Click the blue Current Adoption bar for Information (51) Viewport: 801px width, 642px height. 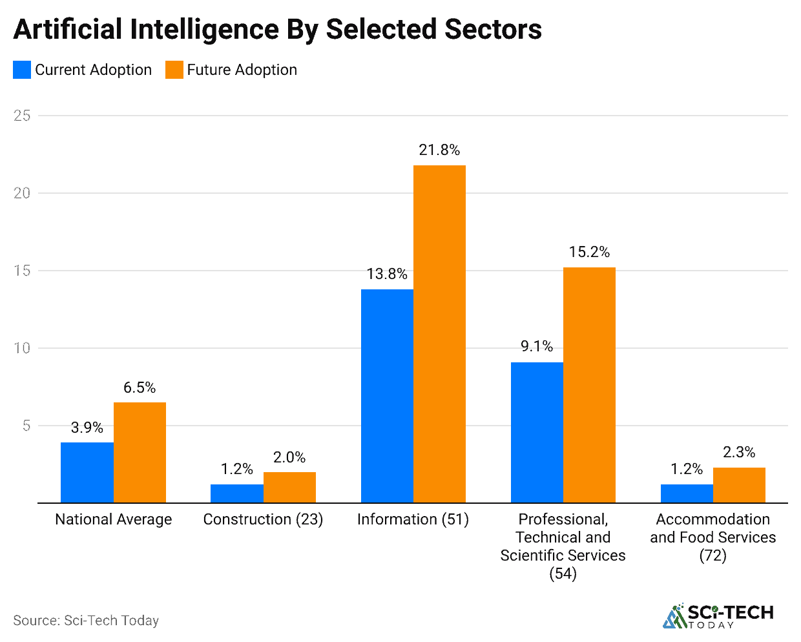pyautogui.click(x=387, y=395)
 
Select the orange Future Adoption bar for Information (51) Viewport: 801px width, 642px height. pyautogui.click(x=439, y=334)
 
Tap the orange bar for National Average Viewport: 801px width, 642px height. pyautogui.click(x=140, y=452)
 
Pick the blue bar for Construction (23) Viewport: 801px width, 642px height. pyautogui.click(x=236, y=493)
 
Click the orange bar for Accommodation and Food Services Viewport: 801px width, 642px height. pyautogui.click(x=739, y=485)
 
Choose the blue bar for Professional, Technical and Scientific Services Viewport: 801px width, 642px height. pyautogui.click(x=537, y=432)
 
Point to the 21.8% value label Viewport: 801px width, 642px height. pyautogui.click(x=439, y=150)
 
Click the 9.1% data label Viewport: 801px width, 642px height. pyautogui.click(x=537, y=347)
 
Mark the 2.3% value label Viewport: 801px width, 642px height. pyautogui.click(x=739, y=452)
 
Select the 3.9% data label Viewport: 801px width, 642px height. pyautogui.click(x=87, y=428)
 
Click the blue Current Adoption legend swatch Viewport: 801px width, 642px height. pyautogui.click(x=22, y=70)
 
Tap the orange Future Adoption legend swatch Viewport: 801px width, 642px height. pyautogui.click(x=174, y=70)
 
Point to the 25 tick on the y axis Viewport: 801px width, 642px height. pyautogui.click(x=23, y=116)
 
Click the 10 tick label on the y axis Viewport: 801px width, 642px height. pyautogui.click(x=23, y=348)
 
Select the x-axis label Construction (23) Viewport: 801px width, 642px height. pyautogui.click(x=263, y=519)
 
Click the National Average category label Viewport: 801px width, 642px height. pyautogui.click(x=114, y=519)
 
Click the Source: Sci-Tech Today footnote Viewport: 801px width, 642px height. pyautogui.click(x=86, y=621)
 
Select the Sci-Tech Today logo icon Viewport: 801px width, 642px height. pyautogui.click(x=674, y=616)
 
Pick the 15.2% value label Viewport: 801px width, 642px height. pyautogui.click(x=589, y=252)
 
